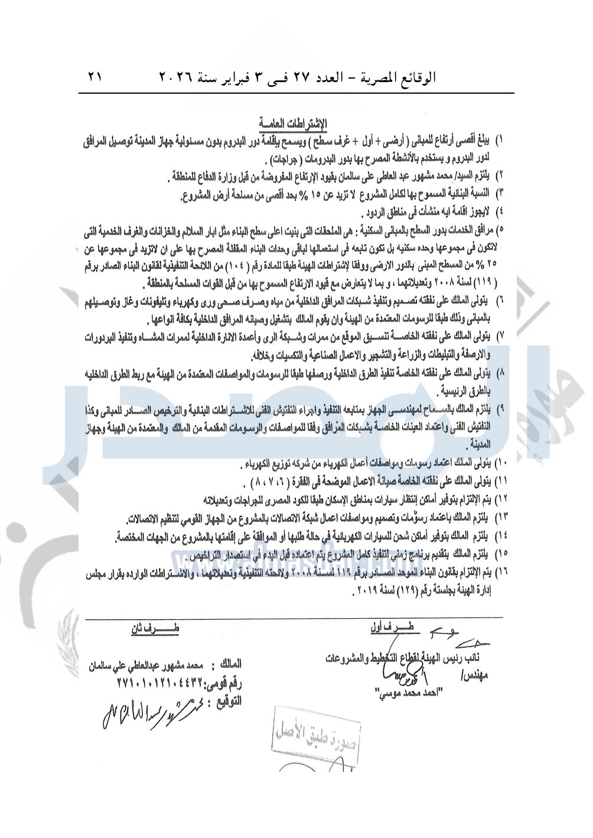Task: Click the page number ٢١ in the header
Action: coord(95,77)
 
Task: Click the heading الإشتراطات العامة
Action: coord(293,124)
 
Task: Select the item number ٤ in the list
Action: coord(501,210)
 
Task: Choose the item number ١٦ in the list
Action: coord(500,573)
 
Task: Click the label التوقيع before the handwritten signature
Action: coord(225,702)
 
